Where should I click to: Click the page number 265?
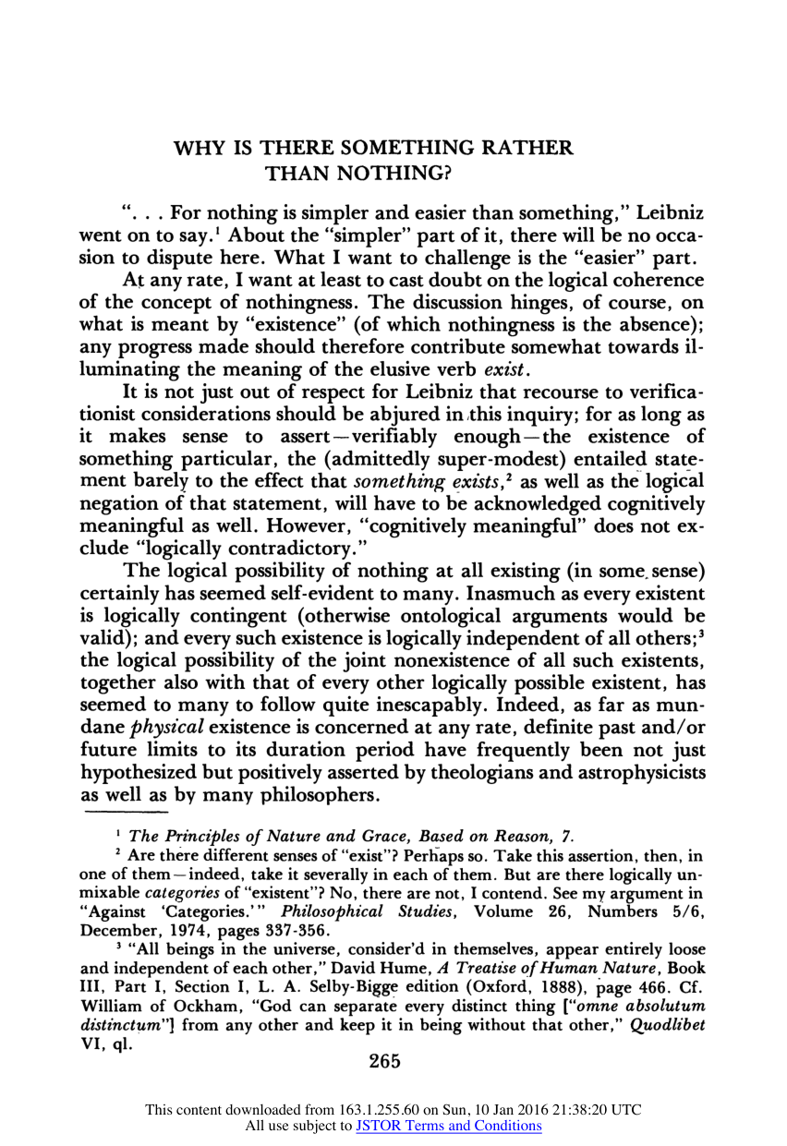pyautogui.click(x=383, y=1062)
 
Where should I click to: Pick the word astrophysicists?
pyautogui.click(x=636, y=770)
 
